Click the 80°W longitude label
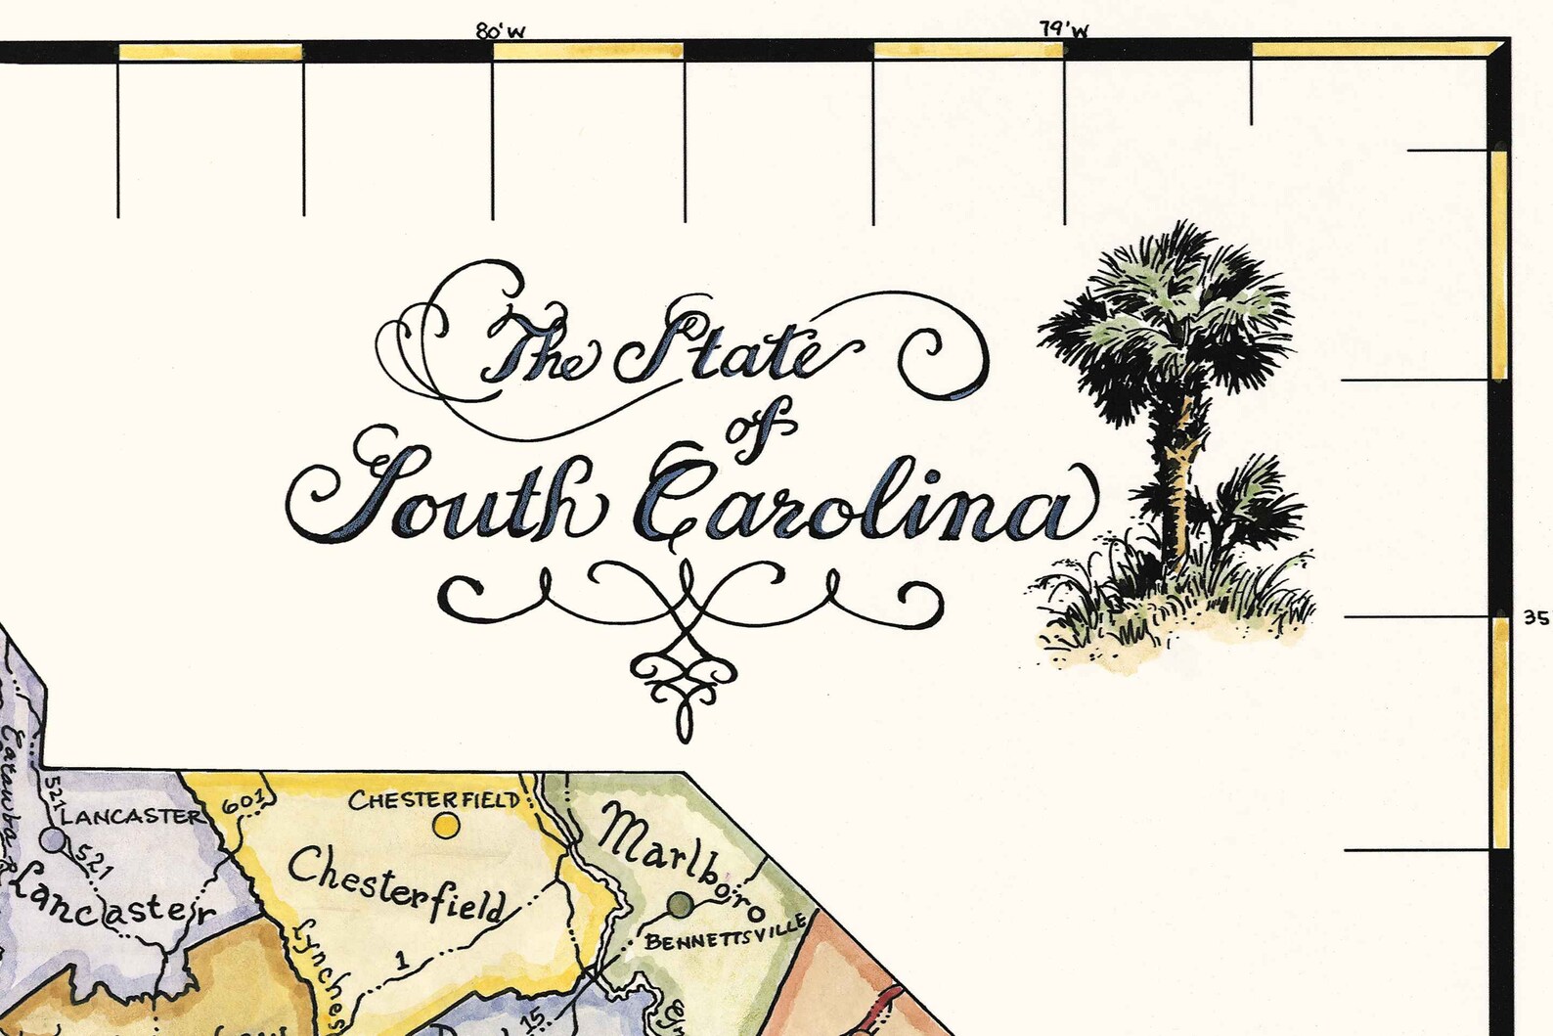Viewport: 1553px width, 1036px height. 501,31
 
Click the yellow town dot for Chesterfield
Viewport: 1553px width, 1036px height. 446,826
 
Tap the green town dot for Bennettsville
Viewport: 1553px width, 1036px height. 680,903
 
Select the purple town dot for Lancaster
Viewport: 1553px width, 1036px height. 55,839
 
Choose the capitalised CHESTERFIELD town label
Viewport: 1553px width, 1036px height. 434,800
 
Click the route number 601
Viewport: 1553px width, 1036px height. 244,803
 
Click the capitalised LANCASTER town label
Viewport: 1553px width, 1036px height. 131,815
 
